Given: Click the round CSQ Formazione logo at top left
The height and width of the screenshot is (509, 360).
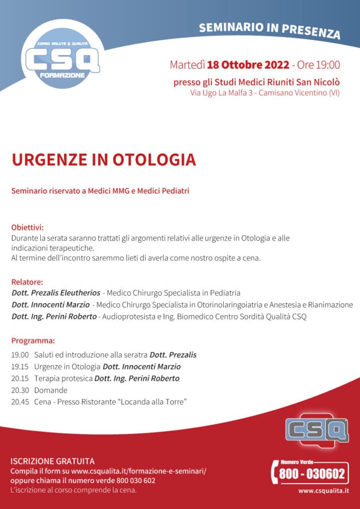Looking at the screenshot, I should (62, 60).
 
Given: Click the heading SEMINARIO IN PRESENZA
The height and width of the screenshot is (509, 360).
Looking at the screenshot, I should (270, 30).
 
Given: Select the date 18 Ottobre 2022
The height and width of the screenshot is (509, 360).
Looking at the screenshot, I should (248, 65).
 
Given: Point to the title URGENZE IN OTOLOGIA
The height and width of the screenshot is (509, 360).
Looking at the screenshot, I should (103, 160).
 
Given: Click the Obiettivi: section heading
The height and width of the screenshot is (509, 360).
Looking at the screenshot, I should (27, 228).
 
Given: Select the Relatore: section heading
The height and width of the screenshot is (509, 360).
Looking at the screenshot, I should (27, 282).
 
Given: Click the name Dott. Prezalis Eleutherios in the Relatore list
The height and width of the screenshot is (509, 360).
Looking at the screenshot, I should (56, 293).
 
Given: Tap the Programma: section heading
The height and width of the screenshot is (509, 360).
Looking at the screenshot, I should (33, 341).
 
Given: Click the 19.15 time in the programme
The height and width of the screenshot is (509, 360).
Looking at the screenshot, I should (19, 367).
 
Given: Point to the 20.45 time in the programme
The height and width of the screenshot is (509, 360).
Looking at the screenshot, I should (19, 402).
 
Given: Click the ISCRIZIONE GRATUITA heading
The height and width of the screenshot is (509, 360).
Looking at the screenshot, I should (52, 461).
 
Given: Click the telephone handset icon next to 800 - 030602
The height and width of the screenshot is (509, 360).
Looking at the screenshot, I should (274, 472).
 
